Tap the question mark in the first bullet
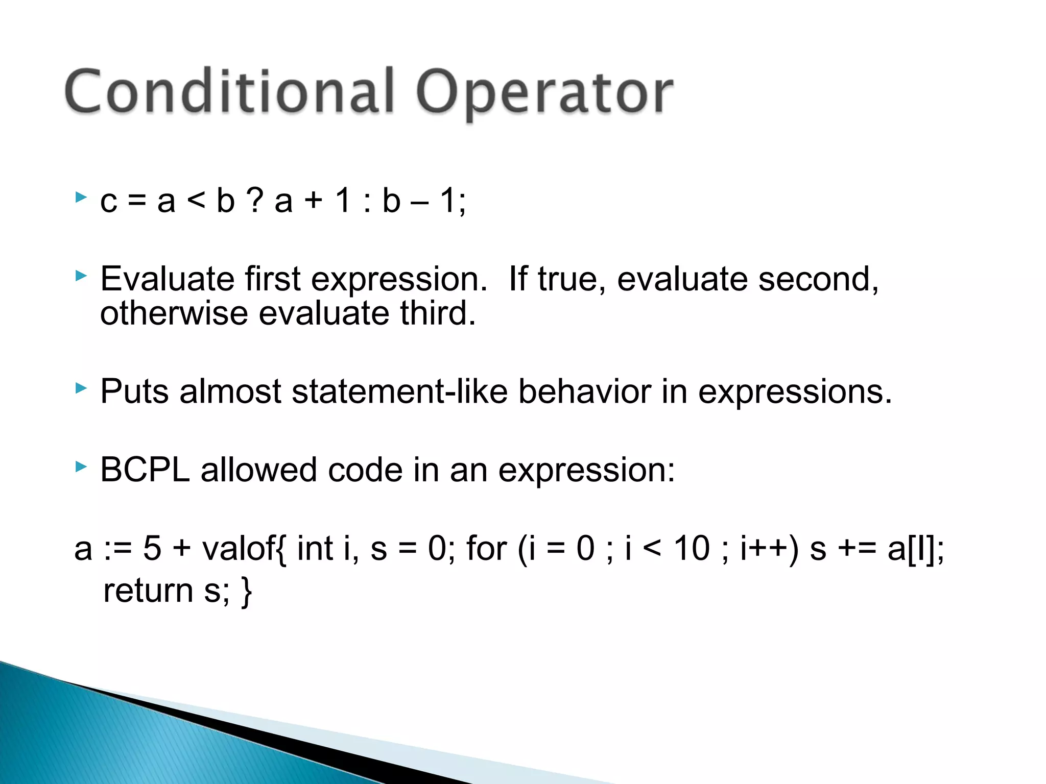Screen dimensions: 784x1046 (255, 200)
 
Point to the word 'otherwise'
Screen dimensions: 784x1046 (174, 313)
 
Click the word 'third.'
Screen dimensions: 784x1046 (438, 313)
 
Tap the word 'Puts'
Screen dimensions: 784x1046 (134, 392)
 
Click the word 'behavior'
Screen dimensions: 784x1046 (585, 392)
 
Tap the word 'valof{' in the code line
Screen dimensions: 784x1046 (244, 549)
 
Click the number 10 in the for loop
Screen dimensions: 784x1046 (692, 549)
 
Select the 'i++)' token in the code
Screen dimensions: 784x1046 (769, 549)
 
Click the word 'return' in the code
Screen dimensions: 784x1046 (148, 591)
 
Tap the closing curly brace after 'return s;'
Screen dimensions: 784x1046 (247, 592)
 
